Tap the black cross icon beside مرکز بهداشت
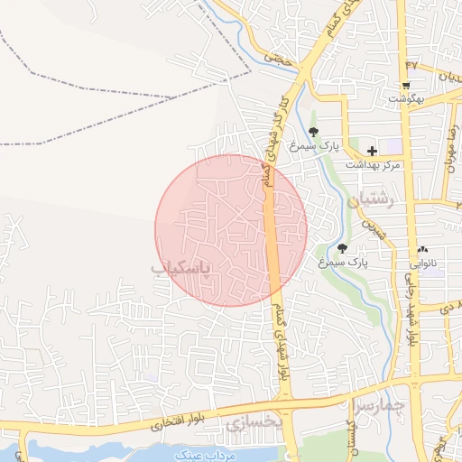tap(372, 151)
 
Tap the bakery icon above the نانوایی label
tap(422, 249)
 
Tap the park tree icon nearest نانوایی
tap(341, 248)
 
